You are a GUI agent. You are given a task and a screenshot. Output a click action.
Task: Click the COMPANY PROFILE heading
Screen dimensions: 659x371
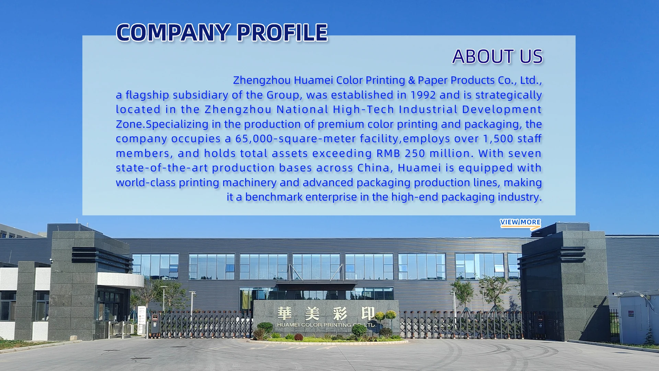point(222,33)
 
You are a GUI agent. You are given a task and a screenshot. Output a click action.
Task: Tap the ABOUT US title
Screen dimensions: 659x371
point(497,56)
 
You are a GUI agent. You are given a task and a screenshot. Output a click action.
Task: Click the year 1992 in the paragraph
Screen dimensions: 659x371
point(423,95)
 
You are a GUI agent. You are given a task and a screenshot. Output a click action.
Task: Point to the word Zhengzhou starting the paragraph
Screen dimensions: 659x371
point(262,80)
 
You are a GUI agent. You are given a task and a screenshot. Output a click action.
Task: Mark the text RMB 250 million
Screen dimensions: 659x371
point(423,153)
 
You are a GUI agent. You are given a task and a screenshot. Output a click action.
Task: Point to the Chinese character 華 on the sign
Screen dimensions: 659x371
point(285,313)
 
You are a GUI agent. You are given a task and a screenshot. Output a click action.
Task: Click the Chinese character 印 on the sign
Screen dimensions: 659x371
point(368,313)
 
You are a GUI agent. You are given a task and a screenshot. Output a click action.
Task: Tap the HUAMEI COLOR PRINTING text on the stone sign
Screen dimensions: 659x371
point(314,325)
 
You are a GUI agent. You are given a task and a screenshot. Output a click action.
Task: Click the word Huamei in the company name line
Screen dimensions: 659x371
point(313,80)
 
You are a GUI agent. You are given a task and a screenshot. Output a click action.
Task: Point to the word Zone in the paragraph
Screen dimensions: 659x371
point(129,124)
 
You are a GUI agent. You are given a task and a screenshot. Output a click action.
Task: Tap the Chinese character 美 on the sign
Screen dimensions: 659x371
point(312,313)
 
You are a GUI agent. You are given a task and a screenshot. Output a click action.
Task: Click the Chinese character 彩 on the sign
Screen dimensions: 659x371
point(340,313)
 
